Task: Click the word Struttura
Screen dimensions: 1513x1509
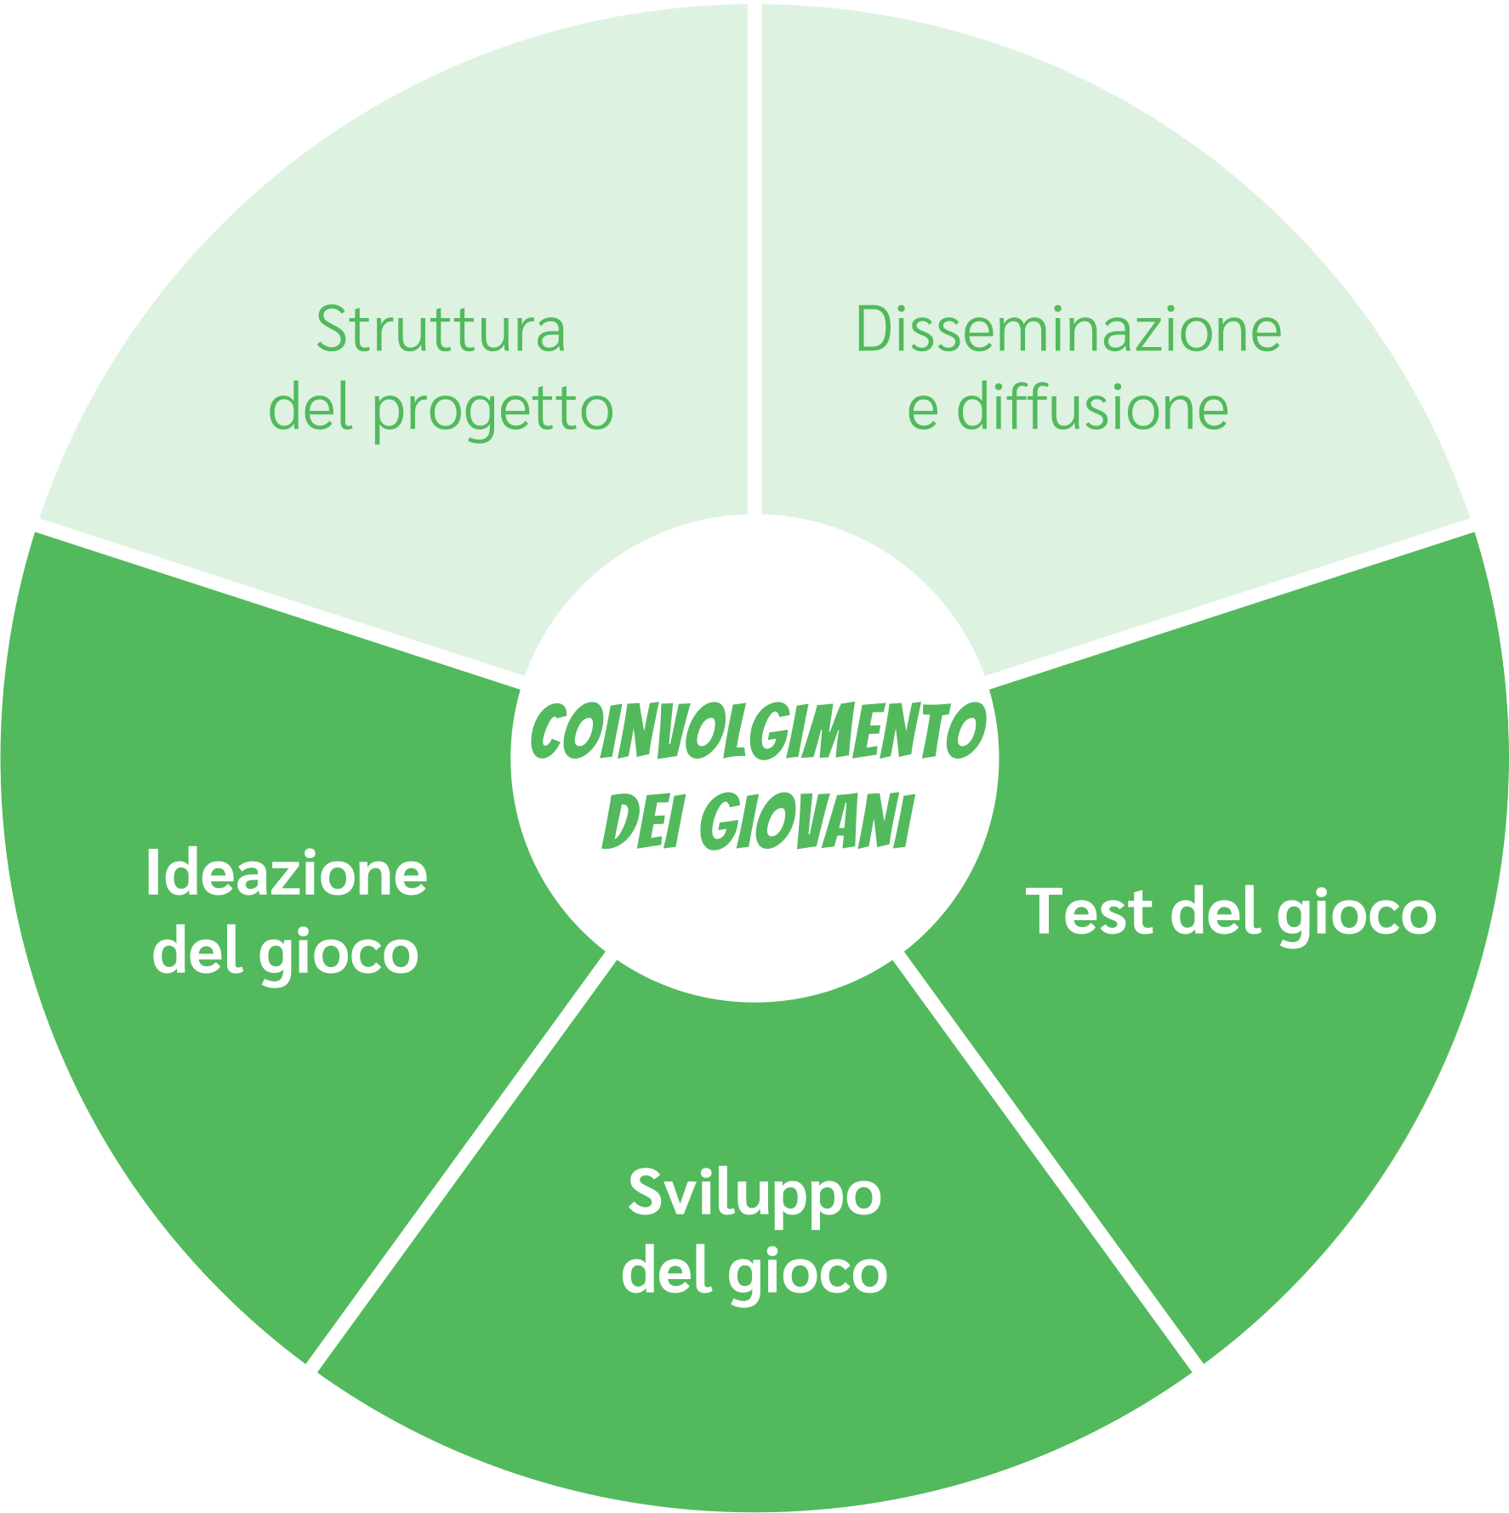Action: pyautogui.click(x=441, y=330)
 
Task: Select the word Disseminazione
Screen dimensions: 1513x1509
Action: pyautogui.click(x=1068, y=330)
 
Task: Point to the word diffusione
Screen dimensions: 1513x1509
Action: pyautogui.click(x=1092, y=408)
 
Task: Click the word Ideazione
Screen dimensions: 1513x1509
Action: pyautogui.click(x=287, y=873)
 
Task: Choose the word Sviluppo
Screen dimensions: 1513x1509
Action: pyautogui.click(x=754, y=1195)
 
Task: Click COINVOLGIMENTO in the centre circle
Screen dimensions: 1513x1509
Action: pyautogui.click(x=754, y=731)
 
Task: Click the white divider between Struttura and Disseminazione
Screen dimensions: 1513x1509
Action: pyautogui.click(x=754, y=255)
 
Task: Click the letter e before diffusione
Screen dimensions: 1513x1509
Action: pyautogui.click(x=923, y=410)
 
